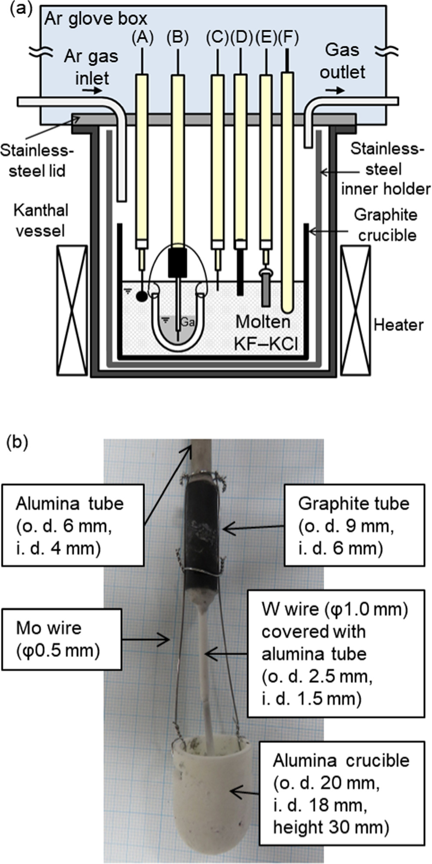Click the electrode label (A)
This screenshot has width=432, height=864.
(143, 38)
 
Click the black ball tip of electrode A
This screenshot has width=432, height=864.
(142, 296)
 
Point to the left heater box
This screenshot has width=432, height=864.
(72, 310)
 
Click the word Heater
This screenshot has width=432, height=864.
(398, 325)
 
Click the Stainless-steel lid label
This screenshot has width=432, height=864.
(37, 161)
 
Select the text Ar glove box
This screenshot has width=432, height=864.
(95, 19)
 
